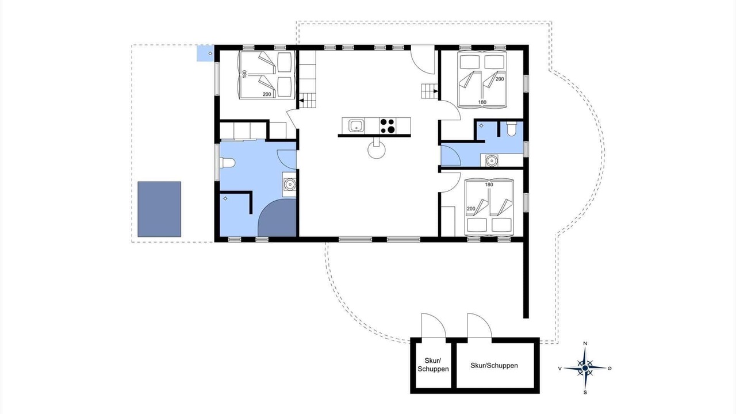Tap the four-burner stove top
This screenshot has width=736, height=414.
coord(388,126)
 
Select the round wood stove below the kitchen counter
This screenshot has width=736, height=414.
coord(376,151)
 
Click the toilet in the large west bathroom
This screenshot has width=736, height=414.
coord(228,163)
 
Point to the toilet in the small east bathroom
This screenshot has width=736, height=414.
coord(512,129)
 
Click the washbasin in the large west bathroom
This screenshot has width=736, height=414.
coord(290,185)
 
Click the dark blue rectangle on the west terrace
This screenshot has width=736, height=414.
coord(159,209)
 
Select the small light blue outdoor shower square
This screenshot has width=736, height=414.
coord(205,53)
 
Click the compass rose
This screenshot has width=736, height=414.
coord(585,368)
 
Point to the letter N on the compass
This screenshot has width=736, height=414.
coord(585,343)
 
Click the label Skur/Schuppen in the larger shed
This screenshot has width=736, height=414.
coord(494,365)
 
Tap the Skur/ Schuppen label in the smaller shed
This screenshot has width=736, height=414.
coord(433,365)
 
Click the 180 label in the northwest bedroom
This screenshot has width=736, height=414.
coord(244,74)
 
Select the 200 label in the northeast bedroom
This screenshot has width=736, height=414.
coord(500,79)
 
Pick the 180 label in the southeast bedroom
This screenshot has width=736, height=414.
coord(489,185)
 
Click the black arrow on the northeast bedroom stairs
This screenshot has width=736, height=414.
coord(436,91)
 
